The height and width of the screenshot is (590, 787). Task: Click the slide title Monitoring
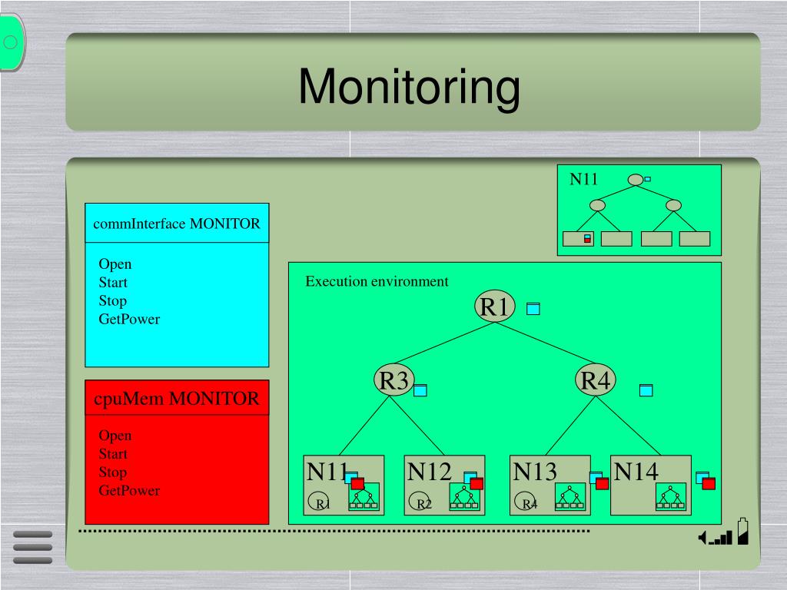click(409, 86)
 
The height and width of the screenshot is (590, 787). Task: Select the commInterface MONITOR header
click(177, 224)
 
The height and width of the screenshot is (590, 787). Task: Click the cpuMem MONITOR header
click(177, 399)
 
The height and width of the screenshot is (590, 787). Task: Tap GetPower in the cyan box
click(129, 320)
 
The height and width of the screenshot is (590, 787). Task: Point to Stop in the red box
click(112, 472)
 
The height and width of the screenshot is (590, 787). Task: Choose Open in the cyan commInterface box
click(115, 264)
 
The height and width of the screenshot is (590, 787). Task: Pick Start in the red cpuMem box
click(113, 454)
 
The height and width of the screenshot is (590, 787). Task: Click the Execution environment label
click(377, 281)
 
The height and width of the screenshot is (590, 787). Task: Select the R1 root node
click(494, 307)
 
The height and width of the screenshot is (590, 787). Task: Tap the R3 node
click(393, 380)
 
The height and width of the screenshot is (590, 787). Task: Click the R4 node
click(595, 380)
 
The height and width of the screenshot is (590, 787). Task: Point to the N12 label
click(429, 472)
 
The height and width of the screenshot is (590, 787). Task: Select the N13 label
click(535, 472)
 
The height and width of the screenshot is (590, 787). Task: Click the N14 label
click(636, 472)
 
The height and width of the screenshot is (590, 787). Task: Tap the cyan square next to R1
click(533, 309)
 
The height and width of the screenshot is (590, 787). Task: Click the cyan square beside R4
click(646, 390)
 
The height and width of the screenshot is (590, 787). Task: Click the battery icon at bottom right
click(742, 532)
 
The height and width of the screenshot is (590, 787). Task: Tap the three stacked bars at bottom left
click(33, 547)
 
